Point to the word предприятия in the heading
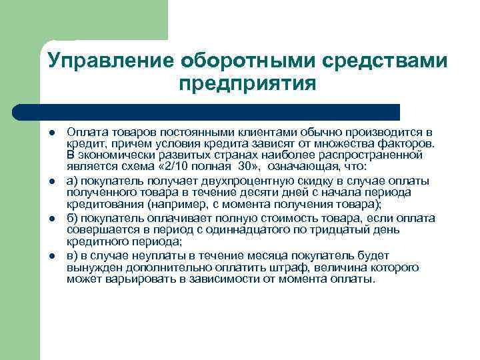click(x=247, y=85)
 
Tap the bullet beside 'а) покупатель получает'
click(x=52, y=181)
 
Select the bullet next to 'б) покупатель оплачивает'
click(x=52, y=219)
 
